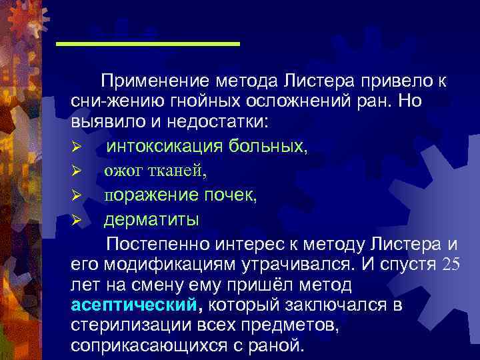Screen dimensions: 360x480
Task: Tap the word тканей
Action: (x=179, y=171)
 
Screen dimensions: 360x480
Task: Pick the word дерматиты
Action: (x=151, y=219)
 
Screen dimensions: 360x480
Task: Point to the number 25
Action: (x=451, y=263)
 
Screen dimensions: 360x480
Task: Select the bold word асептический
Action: (x=133, y=305)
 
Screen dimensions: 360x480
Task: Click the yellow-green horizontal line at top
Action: (x=148, y=44)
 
